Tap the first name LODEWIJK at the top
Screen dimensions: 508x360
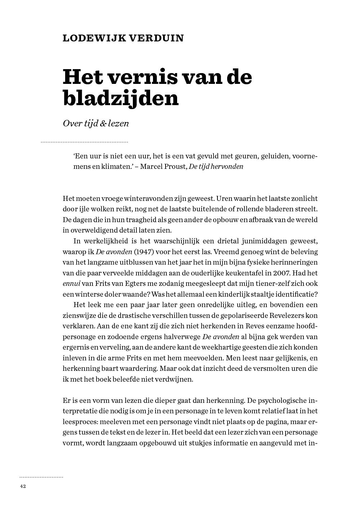(91, 38)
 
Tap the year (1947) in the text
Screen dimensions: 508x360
(144, 252)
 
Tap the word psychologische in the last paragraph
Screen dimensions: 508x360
(282, 400)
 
